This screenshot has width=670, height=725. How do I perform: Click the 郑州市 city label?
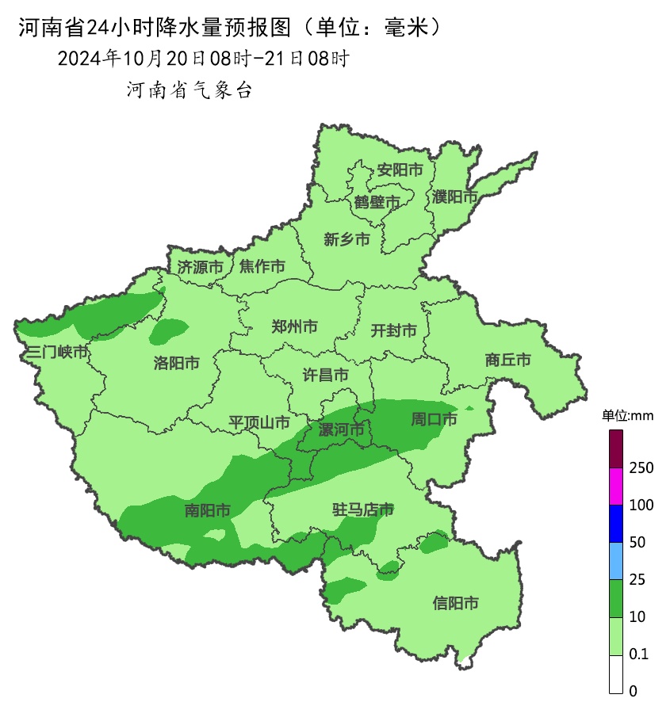coord(294,326)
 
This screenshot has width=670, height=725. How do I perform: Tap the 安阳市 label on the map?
coord(400,170)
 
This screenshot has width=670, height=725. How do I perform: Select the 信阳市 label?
coord(456,603)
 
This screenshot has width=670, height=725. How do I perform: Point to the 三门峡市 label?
coord(56,352)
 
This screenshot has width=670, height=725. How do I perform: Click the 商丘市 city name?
coord(508,360)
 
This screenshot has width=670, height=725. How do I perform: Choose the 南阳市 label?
coord(208,510)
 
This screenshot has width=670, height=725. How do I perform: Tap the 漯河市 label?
coord(341,430)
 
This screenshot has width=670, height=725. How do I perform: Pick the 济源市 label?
coord(200,267)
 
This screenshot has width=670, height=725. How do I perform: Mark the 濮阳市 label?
coord(455,196)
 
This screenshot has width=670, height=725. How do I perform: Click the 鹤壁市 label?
coord(377,203)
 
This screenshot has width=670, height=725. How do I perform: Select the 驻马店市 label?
coord(363,509)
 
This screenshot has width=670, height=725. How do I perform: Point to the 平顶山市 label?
coord(259,422)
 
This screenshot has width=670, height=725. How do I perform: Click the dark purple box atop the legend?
coord(616,448)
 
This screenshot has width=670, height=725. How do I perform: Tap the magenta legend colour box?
coord(616,487)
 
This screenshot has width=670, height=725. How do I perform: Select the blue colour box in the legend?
coord(616,524)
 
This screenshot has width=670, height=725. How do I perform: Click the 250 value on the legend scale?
coord(641,467)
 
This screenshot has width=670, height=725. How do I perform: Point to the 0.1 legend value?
coord(638,654)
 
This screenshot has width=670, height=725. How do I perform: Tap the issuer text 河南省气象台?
coord(190,90)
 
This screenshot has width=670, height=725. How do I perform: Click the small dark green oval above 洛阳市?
coord(169,330)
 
